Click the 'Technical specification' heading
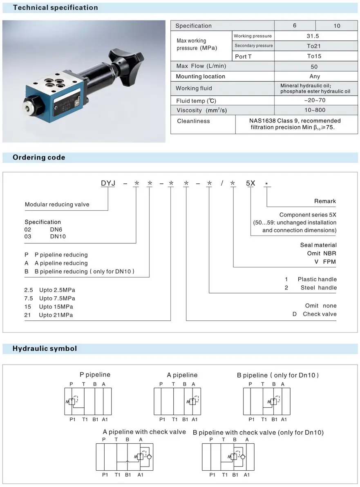[x=55, y=7]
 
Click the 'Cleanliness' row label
[x=193, y=121]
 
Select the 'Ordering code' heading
[x=39, y=158]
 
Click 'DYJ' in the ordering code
[x=108, y=183]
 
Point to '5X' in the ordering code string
[x=250, y=183]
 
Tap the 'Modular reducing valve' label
[x=57, y=204]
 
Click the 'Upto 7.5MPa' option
[x=57, y=298]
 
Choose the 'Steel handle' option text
[x=319, y=287]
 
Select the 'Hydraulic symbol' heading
[x=45, y=349]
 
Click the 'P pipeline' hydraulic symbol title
[x=95, y=374]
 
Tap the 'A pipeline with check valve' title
[x=144, y=431]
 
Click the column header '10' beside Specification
[x=337, y=26]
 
